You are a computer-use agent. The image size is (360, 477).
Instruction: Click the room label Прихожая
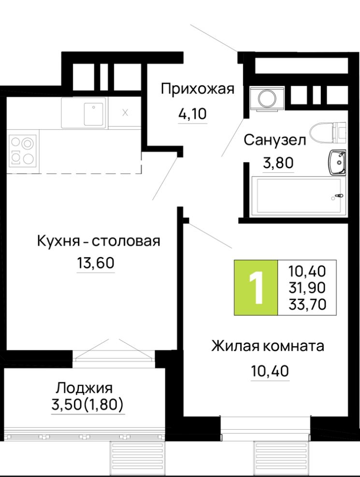pos(197,90)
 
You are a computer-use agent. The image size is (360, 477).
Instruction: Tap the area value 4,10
pos(192,114)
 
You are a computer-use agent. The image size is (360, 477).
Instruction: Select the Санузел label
pos(274,140)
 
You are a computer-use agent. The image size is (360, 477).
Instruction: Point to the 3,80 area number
pos(278,163)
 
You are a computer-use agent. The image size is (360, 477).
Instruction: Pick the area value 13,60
pos(96,264)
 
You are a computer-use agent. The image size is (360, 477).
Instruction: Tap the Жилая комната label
pos(267,346)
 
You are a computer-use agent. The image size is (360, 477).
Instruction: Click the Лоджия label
pos(84,387)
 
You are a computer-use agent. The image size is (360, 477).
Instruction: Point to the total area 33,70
pos(307,304)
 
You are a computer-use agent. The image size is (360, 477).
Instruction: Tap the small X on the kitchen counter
pos(125,112)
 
